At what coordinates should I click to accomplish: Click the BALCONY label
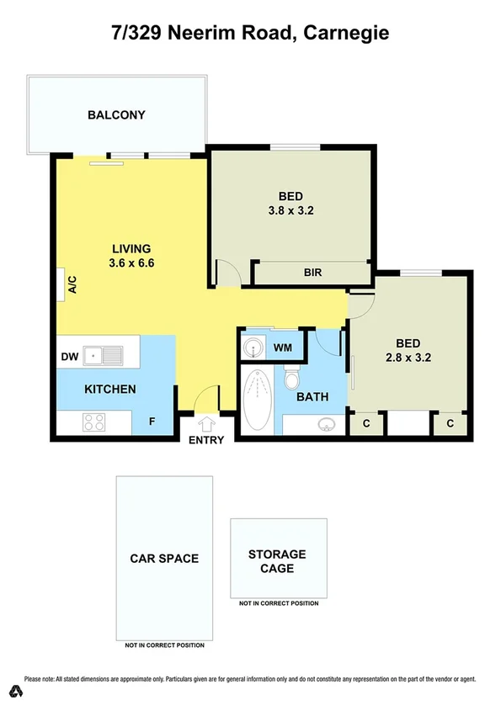(116, 115)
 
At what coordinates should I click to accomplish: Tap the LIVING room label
(131, 249)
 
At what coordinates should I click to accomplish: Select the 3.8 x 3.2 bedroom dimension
(290, 211)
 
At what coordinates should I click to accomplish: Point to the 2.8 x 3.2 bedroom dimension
(408, 357)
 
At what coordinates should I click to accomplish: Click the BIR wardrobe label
(313, 273)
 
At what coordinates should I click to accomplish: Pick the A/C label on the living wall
(72, 285)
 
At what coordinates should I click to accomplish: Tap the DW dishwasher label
(69, 357)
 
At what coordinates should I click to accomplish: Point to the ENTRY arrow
(206, 424)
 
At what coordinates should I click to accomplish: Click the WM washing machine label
(283, 347)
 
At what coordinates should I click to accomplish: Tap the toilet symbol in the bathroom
(292, 378)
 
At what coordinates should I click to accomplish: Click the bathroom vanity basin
(326, 426)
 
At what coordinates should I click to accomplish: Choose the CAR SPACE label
(164, 558)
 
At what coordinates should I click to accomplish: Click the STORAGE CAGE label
(277, 561)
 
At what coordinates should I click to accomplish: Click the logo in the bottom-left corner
(14, 691)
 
